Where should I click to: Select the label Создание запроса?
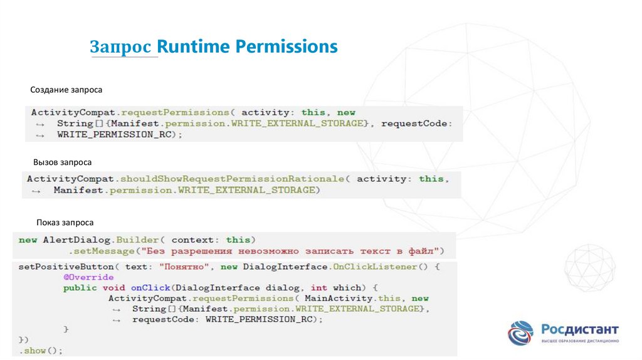pos(66,90)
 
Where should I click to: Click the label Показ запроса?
pos(65,222)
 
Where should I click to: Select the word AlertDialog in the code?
pos(68,240)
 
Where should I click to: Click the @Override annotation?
pos(88,277)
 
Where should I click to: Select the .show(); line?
pos(41,351)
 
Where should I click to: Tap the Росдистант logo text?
pos(580,329)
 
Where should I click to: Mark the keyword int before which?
pos(318,288)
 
